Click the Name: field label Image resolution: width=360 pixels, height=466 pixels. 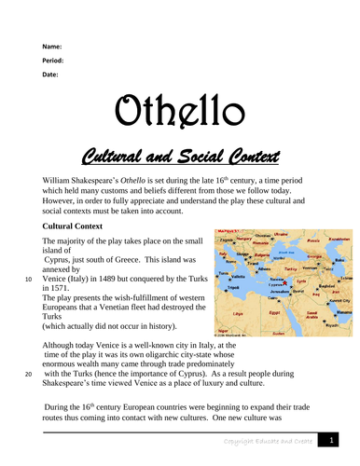point(53,47)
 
